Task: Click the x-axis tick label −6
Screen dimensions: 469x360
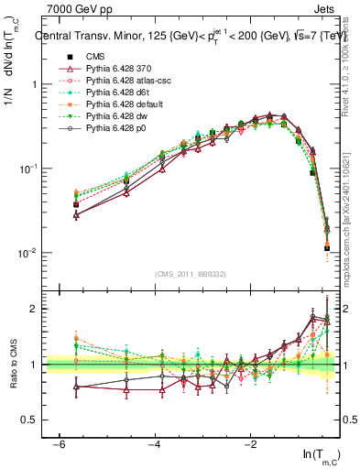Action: coord(58,442)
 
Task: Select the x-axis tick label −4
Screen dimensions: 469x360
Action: coord(154,442)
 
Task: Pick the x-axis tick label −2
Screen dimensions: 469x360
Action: coord(250,442)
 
